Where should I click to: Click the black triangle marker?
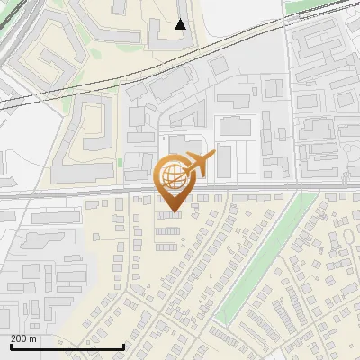(x=181, y=24)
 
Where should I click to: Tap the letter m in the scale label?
(x=33, y=338)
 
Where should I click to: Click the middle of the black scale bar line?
(x=67, y=346)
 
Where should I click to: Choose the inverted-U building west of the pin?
(x=90, y=126)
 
